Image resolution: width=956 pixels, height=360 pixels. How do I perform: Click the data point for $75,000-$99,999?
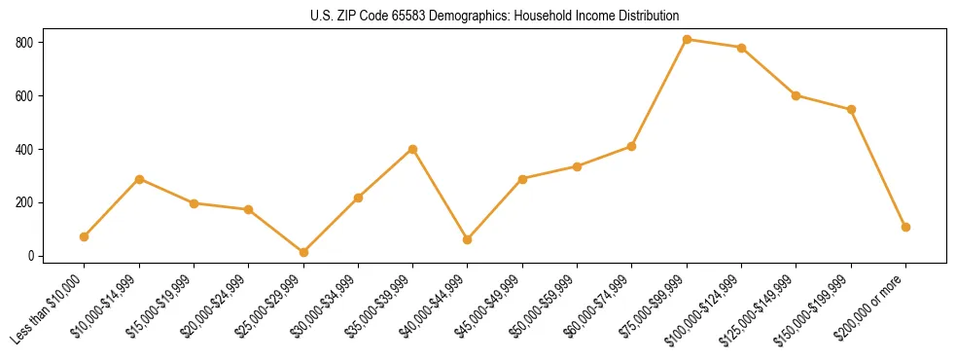(x=687, y=39)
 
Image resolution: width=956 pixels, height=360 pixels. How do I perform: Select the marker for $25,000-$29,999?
(x=303, y=252)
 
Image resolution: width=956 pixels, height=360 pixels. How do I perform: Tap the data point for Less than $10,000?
(x=85, y=236)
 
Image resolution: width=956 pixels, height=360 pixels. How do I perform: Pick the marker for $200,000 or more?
(x=905, y=227)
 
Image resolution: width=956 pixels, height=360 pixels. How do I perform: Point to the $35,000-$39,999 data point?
(x=412, y=149)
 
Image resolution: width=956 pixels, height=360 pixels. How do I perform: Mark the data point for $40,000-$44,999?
(x=468, y=239)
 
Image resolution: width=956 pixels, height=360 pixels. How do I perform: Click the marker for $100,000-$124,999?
(x=741, y=48)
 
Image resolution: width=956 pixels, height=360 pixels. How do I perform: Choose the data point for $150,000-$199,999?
(x=851, y=109)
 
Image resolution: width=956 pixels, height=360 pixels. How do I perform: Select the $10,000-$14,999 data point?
(x=139, y=179)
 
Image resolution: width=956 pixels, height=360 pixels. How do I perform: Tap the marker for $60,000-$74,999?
(x=631, y=146)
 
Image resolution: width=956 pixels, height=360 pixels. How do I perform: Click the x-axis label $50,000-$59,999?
(x=549, y=301)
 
